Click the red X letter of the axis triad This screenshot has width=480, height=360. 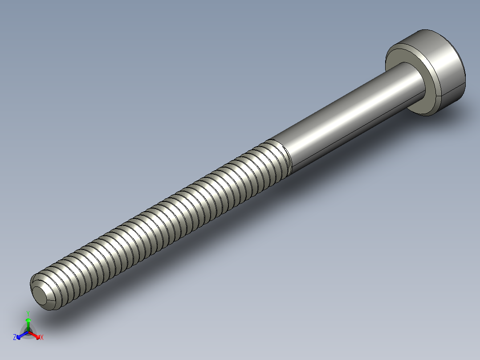[41, 338]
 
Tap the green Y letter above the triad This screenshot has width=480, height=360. [28, 313]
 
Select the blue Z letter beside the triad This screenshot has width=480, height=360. [15, 338]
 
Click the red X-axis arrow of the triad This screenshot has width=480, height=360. [36, 335]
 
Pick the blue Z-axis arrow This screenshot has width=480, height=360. [20, 335]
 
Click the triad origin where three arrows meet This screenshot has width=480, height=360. [28, 332]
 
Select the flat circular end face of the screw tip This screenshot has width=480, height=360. [43, 296]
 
